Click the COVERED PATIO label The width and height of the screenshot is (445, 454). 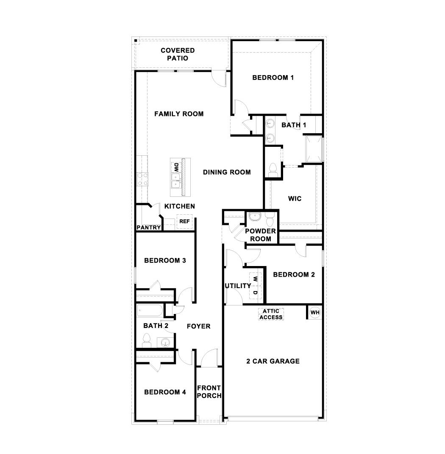pyautogui.click(x=178, y=54)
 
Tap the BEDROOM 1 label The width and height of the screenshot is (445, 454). pyautogui.click(x=273, y=78)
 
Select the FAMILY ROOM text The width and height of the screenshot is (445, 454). pyautogui.click(x=179, y=114)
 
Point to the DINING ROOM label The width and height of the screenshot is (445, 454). pyautogui.click(x=227, y=172)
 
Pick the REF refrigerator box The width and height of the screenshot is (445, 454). pyautogui.click(x=184, y=221)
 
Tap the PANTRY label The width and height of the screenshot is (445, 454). pyautogui.click(x=149, y=227)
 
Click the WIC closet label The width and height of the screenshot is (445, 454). pyautogui.click(x=295, y=199)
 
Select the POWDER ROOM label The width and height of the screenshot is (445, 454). pyautogui.click(x=261, y=235)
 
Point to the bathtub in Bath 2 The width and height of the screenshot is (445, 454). pyautogui.click(x=150, y=311)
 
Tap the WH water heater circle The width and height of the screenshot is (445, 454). pyautogui.click(x=315, y=313)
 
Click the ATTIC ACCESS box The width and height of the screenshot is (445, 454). pyautogui.click(x=271, y=314)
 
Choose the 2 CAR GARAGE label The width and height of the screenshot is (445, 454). pyautogui.click(x=273, y=362)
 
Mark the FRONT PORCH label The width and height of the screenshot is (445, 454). pyautogui.click(x=209, y=392)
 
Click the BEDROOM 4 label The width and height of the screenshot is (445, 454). pyautogui.click(x=165, y=392)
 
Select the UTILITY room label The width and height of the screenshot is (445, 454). pyautogui.click(x=237, y=286)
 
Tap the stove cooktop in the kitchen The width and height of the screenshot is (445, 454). pyautogui.click(x=142, y=178)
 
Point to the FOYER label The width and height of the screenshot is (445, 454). pyautogui.click(x=199, y=326)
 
